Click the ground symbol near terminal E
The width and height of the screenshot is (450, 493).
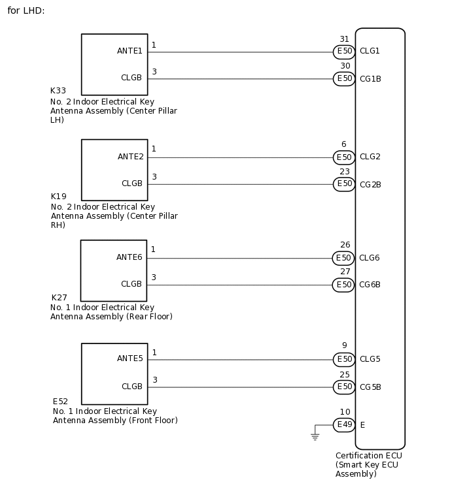pos(315,436)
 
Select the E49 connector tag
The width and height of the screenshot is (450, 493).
pos(344,425)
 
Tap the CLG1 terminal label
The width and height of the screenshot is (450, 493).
pos(370,51)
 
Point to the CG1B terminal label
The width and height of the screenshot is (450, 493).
pos(370,79)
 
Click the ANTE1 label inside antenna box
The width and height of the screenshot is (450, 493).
pos(130,51)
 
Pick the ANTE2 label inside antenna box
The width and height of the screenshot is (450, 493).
pos(130,157)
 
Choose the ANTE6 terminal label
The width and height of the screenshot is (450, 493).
pos(130,257)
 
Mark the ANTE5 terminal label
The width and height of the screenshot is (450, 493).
pos(130,358)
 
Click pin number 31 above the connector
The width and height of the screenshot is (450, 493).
pos(344,39)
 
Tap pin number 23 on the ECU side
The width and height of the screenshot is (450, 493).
pos(344,172)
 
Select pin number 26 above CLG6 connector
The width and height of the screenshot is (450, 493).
pos(345,246)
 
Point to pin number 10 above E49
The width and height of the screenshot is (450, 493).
pos(345,412)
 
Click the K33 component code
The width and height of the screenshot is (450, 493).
pos(58,91)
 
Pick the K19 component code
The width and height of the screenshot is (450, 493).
pos(58,197)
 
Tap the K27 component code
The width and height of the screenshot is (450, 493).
pos(59,298)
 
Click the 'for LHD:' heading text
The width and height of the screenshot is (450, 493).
pos(26,11)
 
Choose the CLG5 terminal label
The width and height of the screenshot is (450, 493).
pos(370,359)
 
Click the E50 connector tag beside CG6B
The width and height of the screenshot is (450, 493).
pos(344,285)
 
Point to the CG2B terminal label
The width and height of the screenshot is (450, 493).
pos(370,185)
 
